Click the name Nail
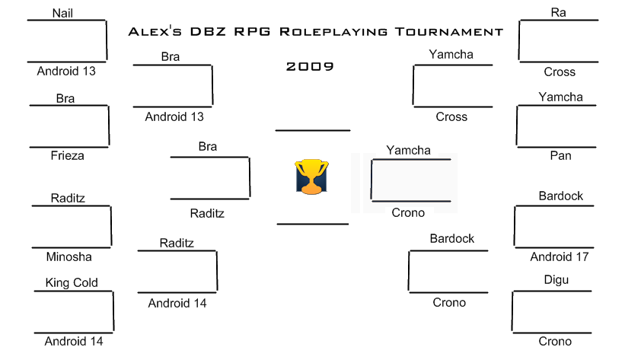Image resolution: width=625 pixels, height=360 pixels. click(x=62, y=13)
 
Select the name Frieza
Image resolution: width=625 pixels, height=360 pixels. click(x=67, y=155)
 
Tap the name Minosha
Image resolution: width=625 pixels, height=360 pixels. click(x=69, y=256)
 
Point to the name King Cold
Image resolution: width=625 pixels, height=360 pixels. click(x=72, y=282)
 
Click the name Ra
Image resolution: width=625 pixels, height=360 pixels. click(x=559, y=12)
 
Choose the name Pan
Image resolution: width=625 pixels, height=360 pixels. click(x=560, y=155)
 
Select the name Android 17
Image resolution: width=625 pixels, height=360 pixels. click(x=560, y=256)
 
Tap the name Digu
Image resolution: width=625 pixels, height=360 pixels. click(x=556, y=280)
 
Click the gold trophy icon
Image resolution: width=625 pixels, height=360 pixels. click(x=311, y=177)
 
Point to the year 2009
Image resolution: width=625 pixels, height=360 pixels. click(x=310, y=66)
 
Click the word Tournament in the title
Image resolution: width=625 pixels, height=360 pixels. click(x=449, y=32)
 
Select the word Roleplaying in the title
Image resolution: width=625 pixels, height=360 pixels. click(x=333, y=32)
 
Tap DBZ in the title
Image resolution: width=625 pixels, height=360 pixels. click(x=208, y=32)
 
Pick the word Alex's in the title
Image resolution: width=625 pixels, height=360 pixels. click(x=155, y=31)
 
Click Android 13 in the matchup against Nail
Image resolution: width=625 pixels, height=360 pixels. click(x=66, y=71)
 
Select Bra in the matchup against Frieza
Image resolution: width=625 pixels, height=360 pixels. click(x=65, y=98)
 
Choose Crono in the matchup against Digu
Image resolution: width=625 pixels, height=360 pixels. click(x=555, y=341)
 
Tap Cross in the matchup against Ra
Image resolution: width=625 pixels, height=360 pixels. click(x=560, y=72)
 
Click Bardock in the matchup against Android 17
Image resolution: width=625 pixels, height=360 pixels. click(x=561, y=196)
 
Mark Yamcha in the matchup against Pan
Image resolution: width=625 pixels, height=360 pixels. click(x=560, y=97)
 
